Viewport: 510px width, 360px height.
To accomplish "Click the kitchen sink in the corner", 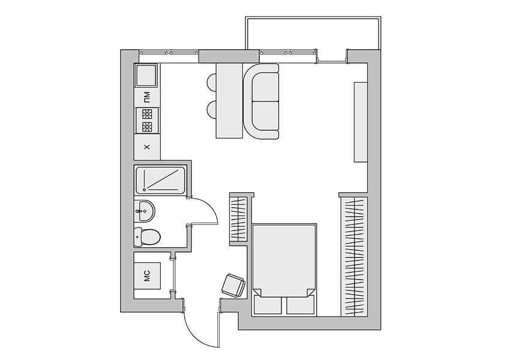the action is point(146,75).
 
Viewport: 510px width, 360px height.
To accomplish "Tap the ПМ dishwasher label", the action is point(147,97).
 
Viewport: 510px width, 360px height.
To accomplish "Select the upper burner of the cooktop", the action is point(147,114).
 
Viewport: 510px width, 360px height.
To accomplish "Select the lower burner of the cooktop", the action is point(147,127).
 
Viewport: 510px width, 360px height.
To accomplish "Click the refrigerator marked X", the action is point(147,147).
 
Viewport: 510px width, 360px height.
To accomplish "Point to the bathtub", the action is point(160,180).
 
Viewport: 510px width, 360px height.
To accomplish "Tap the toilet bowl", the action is point(146,237).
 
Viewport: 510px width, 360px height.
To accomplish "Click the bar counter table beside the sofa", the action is point(229,101).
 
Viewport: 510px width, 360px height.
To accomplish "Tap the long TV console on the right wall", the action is point(361,122).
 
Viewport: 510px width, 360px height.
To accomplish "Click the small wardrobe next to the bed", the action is point(238,219).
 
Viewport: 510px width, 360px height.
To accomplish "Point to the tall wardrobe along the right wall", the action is point(354,257).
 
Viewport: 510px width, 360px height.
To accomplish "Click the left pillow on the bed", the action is point(268,305).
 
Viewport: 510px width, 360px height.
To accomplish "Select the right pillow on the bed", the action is point(301,305).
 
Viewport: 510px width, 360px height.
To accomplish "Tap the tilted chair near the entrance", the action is point(233,286).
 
